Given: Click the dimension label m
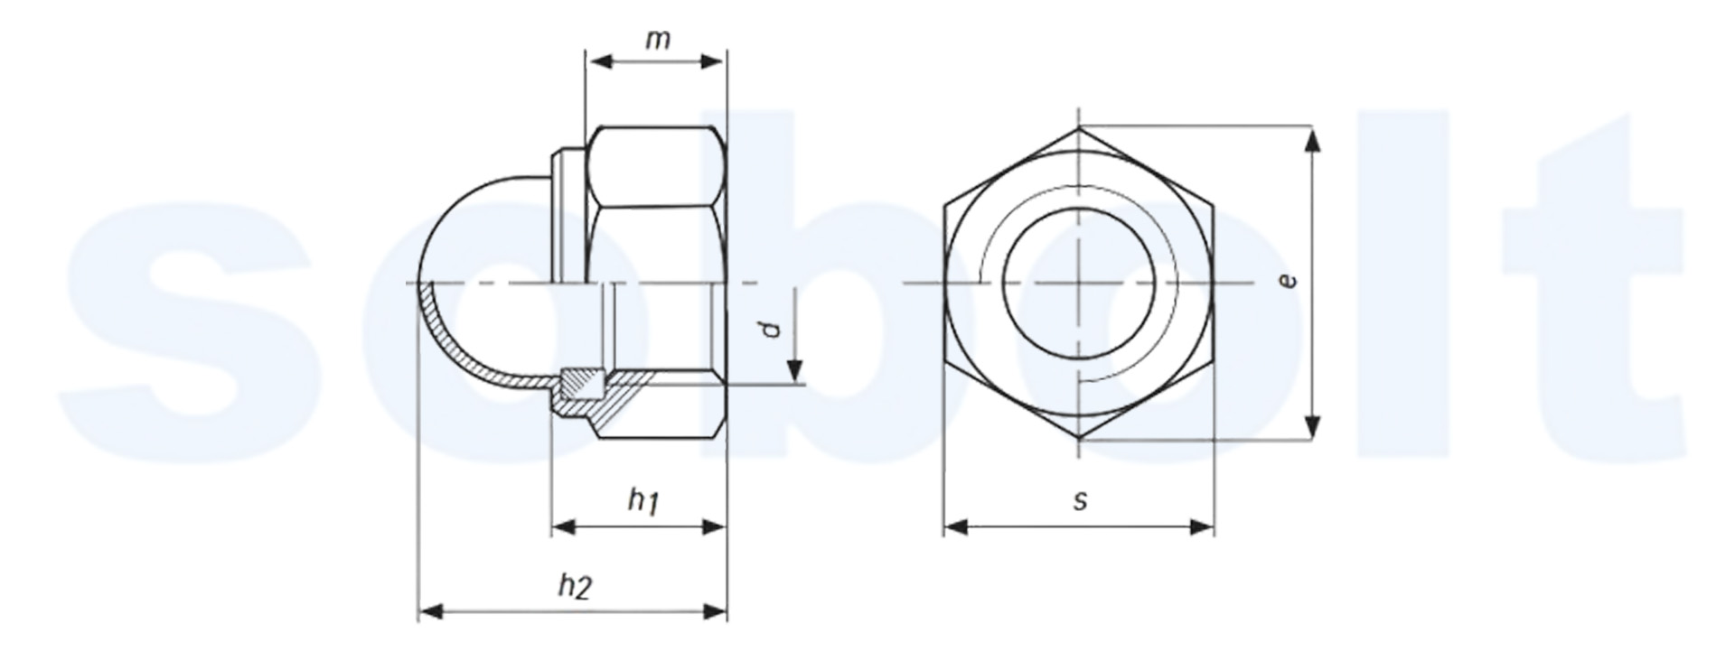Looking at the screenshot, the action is (656, 40).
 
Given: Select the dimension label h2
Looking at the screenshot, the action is (574, 586).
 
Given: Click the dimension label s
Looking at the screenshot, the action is (1081, 500).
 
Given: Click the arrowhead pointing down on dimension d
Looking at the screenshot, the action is (794, 372).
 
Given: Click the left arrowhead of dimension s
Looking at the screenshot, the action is (956, 526).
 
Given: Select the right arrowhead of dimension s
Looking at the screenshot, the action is (1202, 526).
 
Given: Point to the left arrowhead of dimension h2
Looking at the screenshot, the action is (431, 611).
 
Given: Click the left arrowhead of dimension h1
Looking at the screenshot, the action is (565, 526).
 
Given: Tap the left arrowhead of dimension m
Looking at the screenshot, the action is (599, 61).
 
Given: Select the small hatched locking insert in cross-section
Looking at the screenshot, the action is (581, 386).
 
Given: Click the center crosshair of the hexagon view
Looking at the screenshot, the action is (1079, 284).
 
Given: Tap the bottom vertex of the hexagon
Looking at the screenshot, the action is (1079, 440).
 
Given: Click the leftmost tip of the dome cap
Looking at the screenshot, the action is (418, 284).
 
